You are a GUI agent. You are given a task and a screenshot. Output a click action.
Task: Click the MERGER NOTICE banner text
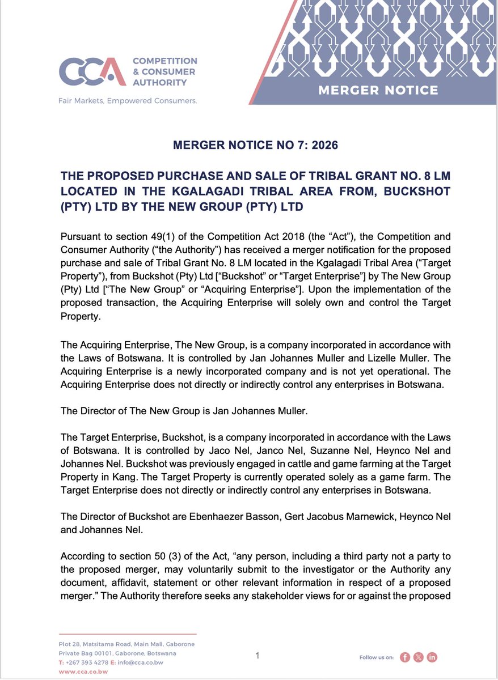[x=378, y=90]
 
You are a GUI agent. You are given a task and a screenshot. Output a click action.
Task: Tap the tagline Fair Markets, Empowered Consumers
[x=128, y=101]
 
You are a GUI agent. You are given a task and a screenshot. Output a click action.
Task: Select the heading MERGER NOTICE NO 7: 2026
[x=255, y=146]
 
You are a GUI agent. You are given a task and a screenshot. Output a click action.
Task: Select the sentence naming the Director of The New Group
[x=184, y=411]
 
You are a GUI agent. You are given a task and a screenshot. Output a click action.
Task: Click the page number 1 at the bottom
[x=257, y=656]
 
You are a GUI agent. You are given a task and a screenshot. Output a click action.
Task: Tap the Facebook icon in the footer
[x=405, y=657]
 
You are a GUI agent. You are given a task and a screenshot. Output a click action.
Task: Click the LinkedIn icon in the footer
[x=432, y=657]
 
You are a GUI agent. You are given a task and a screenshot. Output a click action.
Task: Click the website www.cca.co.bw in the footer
[x=83, y=671]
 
